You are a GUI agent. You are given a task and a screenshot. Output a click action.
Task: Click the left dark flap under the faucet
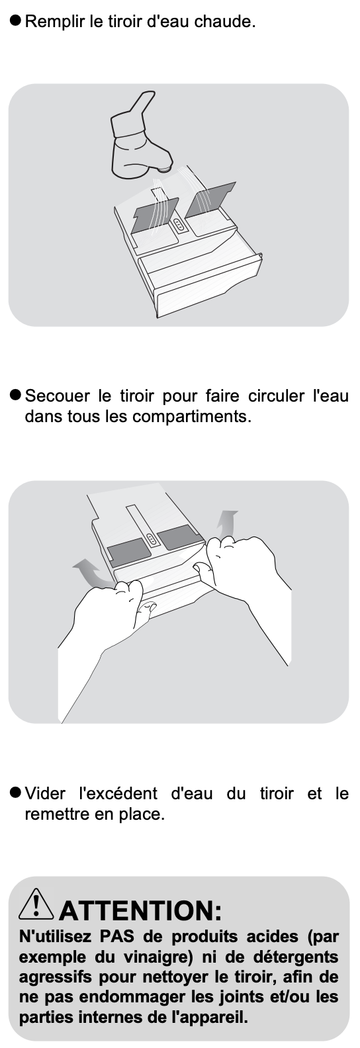coord(155,215)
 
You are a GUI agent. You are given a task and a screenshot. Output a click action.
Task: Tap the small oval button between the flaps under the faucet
coord(179,225)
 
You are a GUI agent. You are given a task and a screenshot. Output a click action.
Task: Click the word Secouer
coord(57,396)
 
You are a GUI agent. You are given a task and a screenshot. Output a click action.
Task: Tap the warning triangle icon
coord(36,903)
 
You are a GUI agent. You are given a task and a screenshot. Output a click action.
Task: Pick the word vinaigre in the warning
coord(158,957)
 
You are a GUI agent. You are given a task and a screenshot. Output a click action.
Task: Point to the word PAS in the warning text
coord(116,937)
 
